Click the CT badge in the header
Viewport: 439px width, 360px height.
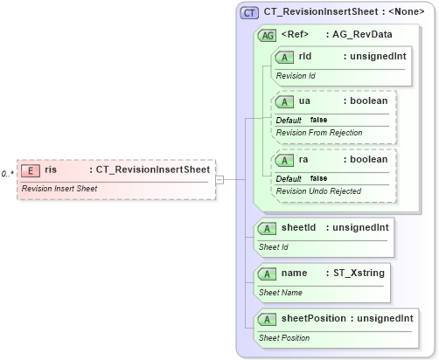pyautogui.click(x=249, y=12)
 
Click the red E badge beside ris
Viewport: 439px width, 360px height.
pyautogui.click(x=31, y=171)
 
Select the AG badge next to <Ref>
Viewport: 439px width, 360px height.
pyautogui.click(x=267, y=35)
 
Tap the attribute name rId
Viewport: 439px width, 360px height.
pyautogui.click(x=305, y=57)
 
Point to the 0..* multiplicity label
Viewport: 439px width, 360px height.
pyautogui.click(x=7, y=174)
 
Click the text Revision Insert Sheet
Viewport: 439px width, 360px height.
pyautogui.click(x=59, y=189)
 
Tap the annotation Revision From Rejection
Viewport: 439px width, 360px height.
pyautogui.click(x=316, y=133)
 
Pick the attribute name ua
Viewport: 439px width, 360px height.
pyautogui.click(x=304, y=101)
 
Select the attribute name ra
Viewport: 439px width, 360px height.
pyautogui.click(x=304, y=160)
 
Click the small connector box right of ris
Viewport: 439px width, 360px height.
pyautogui.click(x=220, y=180)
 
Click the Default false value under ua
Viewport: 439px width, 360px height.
pyautogui.click(x=302, y=120)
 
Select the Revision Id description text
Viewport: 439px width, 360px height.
pyautogui.click(x=296, y=76)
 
